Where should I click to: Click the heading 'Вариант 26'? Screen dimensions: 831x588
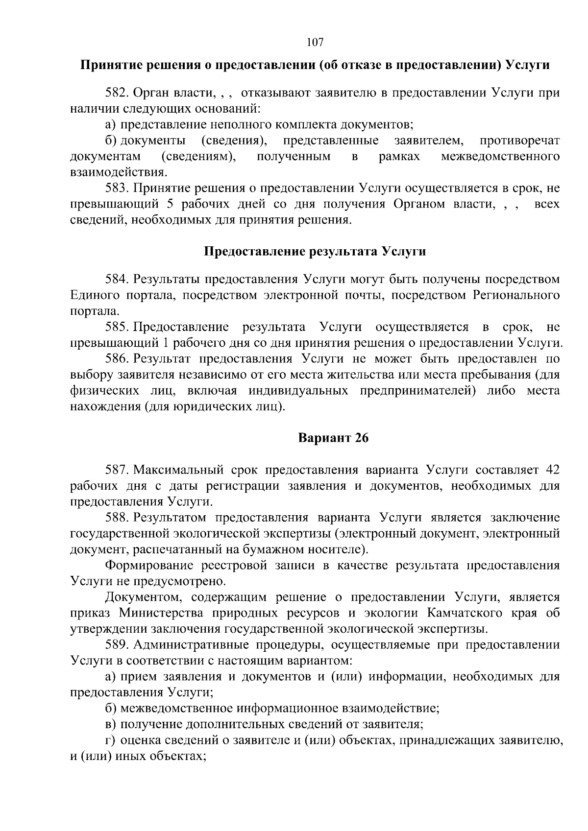pos(333,438)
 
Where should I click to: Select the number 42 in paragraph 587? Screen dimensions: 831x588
pos(552,470)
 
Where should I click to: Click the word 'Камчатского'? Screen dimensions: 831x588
pos(465,613)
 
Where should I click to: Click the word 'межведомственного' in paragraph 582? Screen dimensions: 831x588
pos(500,157)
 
